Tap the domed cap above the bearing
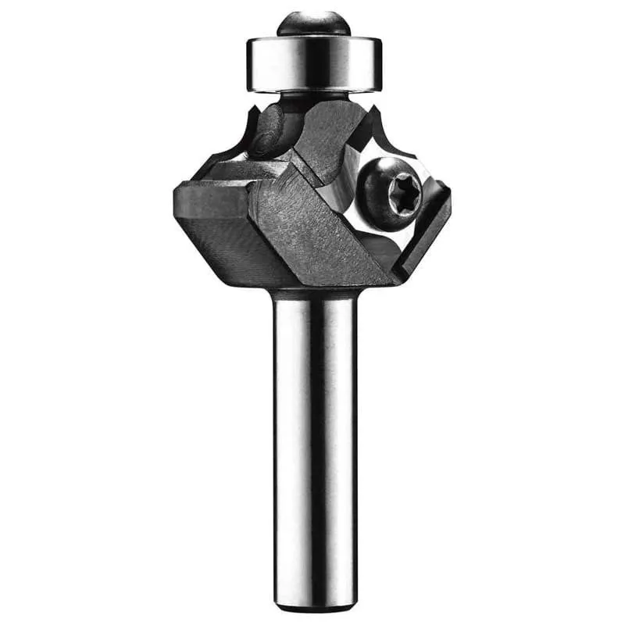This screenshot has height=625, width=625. pyautogui.click(x=312, y=23)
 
